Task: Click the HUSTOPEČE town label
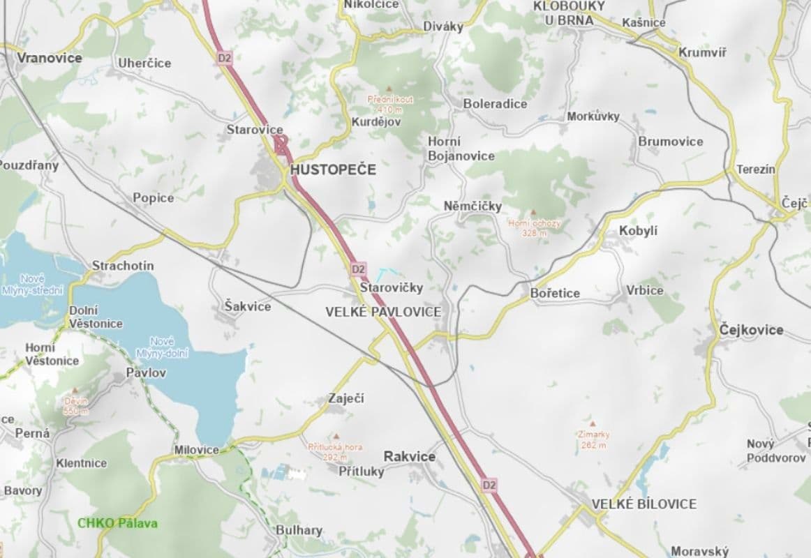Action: point(333,169)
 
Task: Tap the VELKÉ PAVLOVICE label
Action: point(383,312)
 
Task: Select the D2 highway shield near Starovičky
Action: point(358,269)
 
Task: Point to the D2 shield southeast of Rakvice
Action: point(489,484)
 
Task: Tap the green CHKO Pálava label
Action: point(117,523)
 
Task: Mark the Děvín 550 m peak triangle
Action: point(75,391)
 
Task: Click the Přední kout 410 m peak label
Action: point(390,104)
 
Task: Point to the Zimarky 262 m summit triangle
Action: point(592,423)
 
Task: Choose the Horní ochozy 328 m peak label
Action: point(534,227)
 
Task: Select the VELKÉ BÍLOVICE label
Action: point(643,504)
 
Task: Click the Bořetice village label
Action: point(555,293)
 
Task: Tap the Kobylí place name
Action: point(638,231)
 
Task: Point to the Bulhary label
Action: point(299,530)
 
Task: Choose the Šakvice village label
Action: point(248,306)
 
